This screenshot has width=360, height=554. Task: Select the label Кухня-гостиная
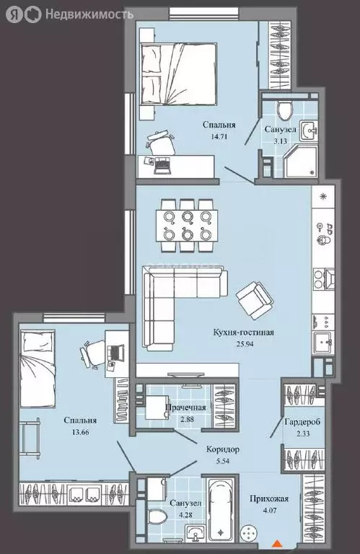(x=244, y=333)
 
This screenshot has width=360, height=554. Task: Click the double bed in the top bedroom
(x=179, y=74)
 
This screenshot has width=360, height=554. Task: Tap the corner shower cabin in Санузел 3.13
(x=301, y=161)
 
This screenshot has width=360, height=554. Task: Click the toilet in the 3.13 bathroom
(x=285, y=108)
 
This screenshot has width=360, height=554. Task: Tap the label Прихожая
(x=269, y=499)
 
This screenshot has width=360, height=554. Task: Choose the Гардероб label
(x=302, y=422)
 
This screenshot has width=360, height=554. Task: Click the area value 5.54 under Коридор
(x=223, y=461)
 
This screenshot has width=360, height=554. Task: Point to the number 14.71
(x=219, y=136)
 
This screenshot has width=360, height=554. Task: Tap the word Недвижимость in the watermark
(x=89, y=14)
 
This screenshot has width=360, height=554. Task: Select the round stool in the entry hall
(x=250, y=532)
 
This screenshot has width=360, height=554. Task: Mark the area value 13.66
(x=80, y=432)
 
